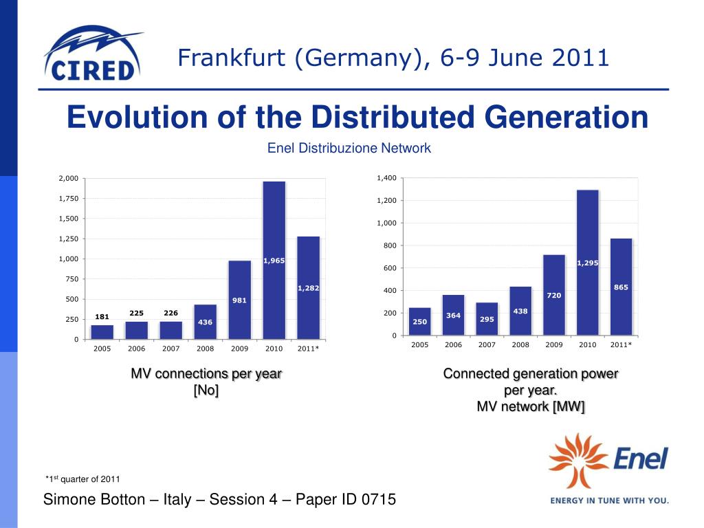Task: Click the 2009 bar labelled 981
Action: coord(239,300)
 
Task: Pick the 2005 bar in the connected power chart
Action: coord(419,321)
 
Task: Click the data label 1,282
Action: coord(308,288)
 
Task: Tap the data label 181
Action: coord(102,317)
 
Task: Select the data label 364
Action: coord(453,316)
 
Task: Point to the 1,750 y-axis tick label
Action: coord(69,199)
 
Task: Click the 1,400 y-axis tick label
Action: coord(386,179)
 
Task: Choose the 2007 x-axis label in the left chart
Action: coord(170,349)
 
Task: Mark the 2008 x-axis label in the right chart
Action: coord(520,344)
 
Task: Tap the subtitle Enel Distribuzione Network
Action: coord(349,148)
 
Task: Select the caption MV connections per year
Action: coord(206,374)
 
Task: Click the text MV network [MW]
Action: coord(531,407)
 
